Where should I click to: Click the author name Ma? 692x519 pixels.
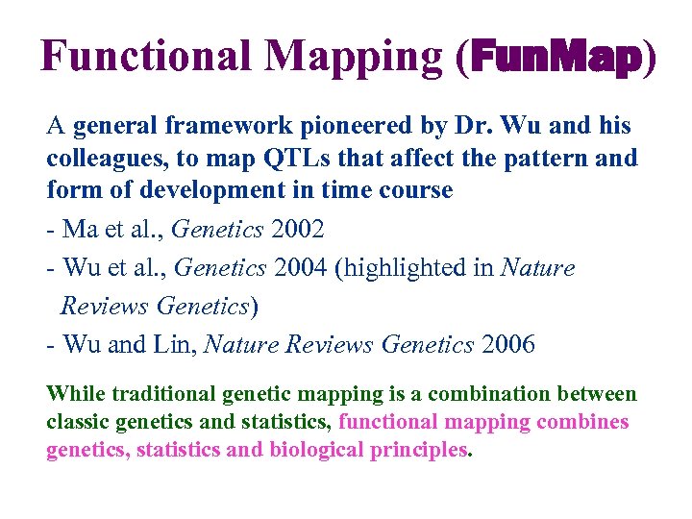pos(79,231)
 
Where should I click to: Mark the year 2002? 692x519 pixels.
pos(297,231)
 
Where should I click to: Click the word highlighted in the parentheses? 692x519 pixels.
pos(416,268)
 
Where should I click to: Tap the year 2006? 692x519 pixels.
pos(508,344)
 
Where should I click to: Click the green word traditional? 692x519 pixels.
pos(163,394)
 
